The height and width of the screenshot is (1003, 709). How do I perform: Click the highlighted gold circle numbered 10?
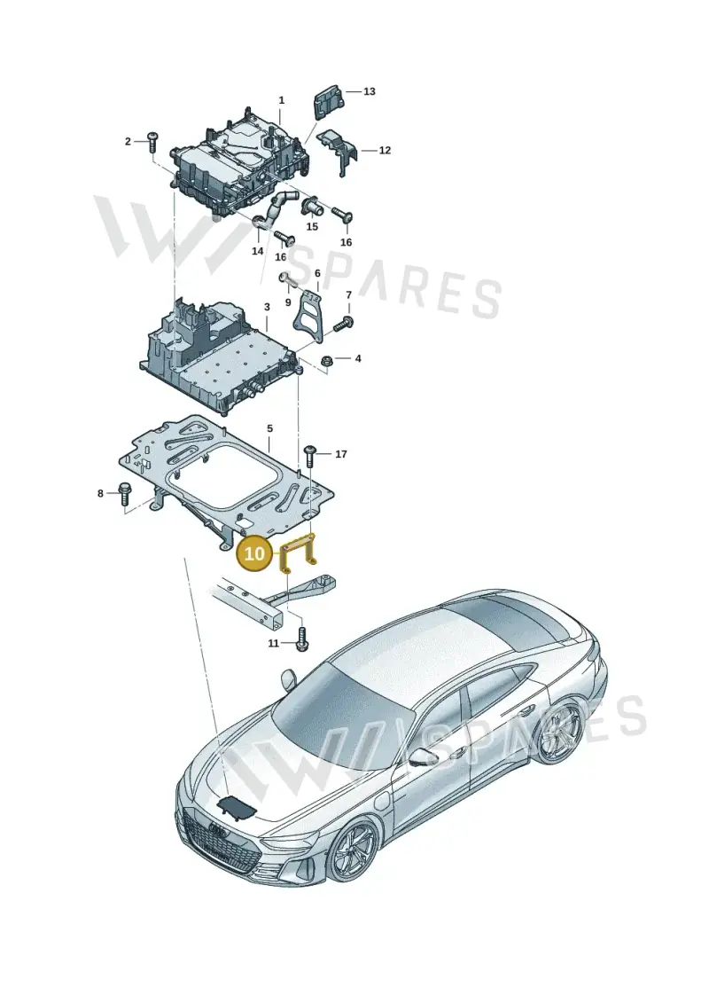click(254, 552)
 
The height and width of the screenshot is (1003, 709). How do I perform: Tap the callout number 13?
click(370, 91)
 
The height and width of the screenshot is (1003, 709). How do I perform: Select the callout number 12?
click(385, 151)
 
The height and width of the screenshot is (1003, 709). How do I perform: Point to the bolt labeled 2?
click(152, 141)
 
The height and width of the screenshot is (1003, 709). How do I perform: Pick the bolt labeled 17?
click(311, 455)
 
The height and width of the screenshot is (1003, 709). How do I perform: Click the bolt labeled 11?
click(301, 640)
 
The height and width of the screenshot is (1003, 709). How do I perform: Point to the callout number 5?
click(269, 428)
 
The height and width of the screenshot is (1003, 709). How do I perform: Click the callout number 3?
click(267, 309)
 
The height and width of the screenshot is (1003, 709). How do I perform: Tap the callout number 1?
click(281, 100)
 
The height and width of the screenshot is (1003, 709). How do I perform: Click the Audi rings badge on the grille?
click(217, 831)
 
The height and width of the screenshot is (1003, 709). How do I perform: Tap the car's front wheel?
click(354, 850)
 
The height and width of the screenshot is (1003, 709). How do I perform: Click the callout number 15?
click(311, 227)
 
